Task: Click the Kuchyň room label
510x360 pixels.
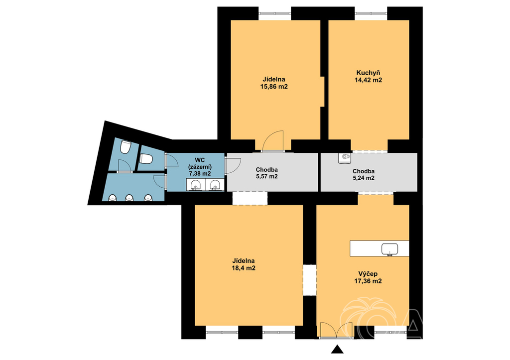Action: tap(368, 73)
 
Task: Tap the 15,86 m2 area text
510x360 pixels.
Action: tap(274, 87)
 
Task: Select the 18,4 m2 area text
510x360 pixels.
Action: tap(243, 268)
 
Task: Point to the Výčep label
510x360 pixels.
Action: tap(368, 274)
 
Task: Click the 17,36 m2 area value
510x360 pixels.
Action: tap(368, 281)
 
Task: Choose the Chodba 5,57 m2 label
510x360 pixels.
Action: tap(267, 173)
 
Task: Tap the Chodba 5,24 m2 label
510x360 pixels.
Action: tap(364, 175)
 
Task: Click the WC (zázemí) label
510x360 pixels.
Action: tap(200, 163)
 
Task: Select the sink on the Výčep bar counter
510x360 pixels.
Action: tap(389, 249)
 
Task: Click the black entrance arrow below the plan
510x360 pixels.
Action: tap(337, 349)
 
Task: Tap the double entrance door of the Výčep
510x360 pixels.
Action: tap(336, 331)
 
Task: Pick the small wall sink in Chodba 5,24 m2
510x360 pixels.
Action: tap(345, 158)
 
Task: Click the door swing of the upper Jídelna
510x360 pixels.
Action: tap(273, 141)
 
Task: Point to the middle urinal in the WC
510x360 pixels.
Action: tap(129, 197)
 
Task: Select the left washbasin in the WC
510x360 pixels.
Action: tap(196, 185)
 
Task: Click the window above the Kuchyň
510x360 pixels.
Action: tap(371, 13)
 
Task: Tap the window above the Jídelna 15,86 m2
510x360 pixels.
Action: tap(275, 13)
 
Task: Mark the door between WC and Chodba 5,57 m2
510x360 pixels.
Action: tap(233, 166)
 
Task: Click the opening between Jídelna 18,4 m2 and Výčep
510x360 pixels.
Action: tap(310, 280)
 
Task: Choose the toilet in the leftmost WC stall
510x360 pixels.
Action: tap(125, 147)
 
